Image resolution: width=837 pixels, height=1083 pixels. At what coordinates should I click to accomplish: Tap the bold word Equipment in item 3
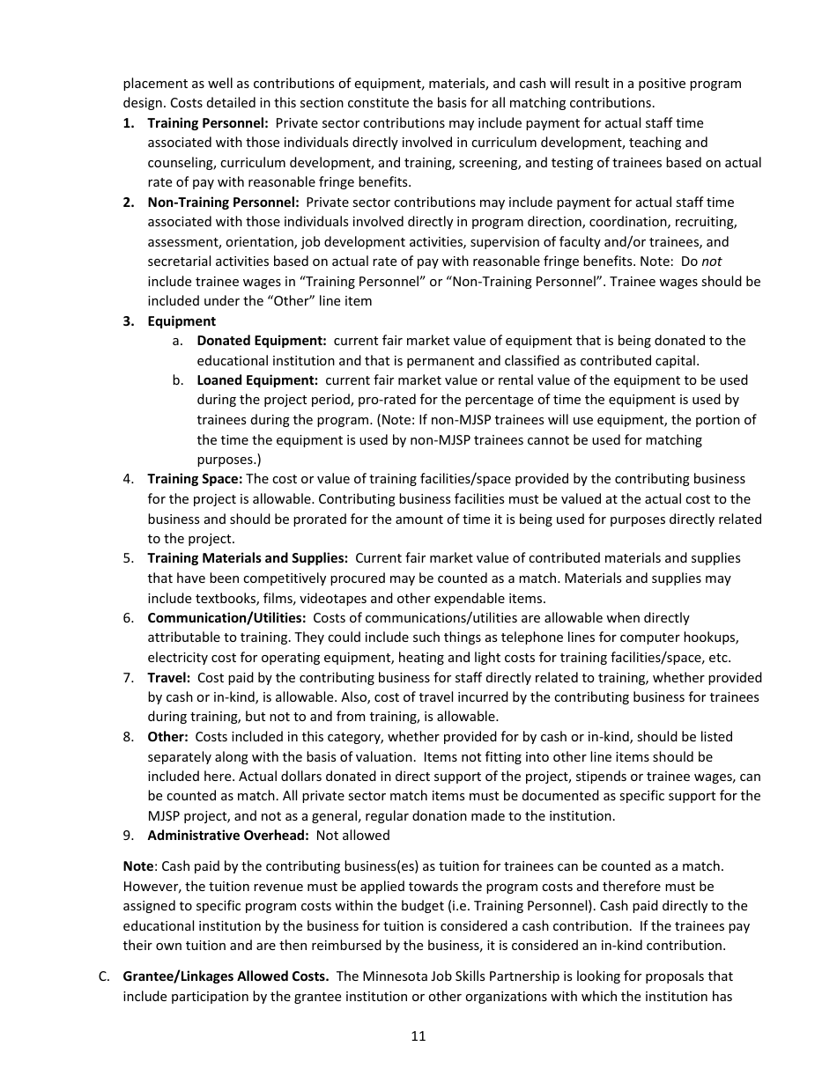click(x=181, y=321)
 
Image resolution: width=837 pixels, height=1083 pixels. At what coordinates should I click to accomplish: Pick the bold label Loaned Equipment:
click(x=257, y=380)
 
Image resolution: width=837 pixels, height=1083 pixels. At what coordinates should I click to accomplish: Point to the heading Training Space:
click(x=195, y=479)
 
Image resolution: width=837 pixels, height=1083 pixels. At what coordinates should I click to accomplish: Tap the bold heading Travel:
click(x=168, y=678)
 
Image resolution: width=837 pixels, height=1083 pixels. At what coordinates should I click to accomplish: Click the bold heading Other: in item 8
click(x=167, y=737)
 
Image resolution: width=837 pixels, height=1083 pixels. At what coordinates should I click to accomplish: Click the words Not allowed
click(x=352, y=836)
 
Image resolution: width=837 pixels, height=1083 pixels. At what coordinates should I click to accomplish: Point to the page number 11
click(x=418, y=1036)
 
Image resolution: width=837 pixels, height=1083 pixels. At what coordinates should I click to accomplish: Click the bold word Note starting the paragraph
click(x=137, y=867)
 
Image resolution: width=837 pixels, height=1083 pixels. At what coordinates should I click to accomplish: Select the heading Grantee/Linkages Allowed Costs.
click(x=226, y=976)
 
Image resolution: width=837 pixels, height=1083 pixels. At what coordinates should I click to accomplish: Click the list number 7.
click(x=128, y=678)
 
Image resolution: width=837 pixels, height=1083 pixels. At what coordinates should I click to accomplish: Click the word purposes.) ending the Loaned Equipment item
click(x=228, y=460)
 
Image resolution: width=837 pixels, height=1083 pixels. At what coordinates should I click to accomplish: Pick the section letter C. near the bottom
click(x=104, y=976)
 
